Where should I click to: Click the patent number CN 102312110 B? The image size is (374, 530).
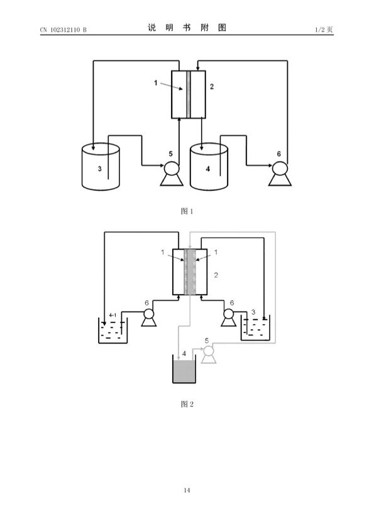(x=63, y=29)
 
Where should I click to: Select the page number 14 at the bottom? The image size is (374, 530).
(x=187, y=490)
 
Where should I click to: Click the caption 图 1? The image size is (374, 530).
(x=187, y=211)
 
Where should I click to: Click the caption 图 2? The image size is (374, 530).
(x=187, y=403)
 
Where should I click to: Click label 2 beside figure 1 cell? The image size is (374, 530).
(x=212, y=87)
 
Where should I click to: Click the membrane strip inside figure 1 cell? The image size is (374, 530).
(x=189, y=94)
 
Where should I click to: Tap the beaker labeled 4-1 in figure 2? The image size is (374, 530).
(x=114, y=331)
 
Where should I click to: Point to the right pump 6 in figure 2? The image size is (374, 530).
(x=229, y=317)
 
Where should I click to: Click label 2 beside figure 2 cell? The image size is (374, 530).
(x=216, y=275)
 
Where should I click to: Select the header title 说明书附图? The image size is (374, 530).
(x=187, y=28)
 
